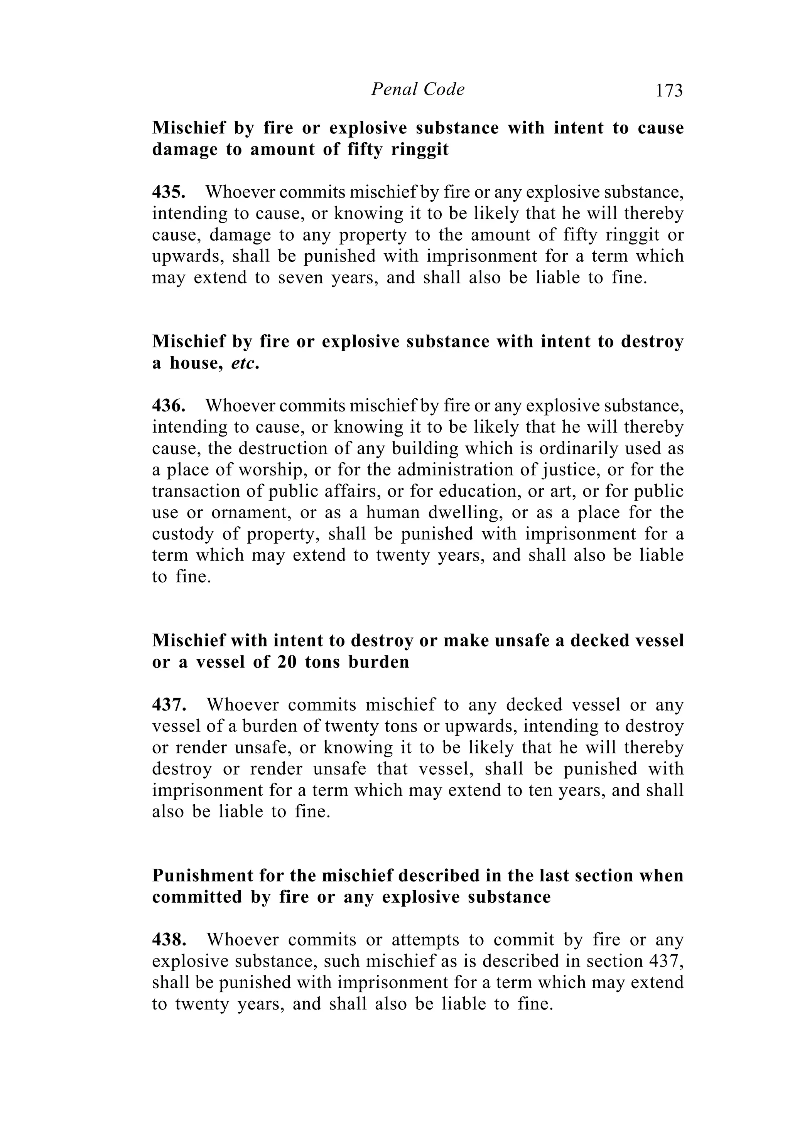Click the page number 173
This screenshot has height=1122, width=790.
(669, 91)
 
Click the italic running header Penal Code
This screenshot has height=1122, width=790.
(417, 89)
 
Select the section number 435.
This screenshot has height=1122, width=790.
(168, 192)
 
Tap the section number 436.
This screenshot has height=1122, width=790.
(168, 406)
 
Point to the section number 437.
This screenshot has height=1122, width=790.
(169, 705)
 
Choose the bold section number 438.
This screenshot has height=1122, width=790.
(169, 940)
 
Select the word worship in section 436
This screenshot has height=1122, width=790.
(269, 470)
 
